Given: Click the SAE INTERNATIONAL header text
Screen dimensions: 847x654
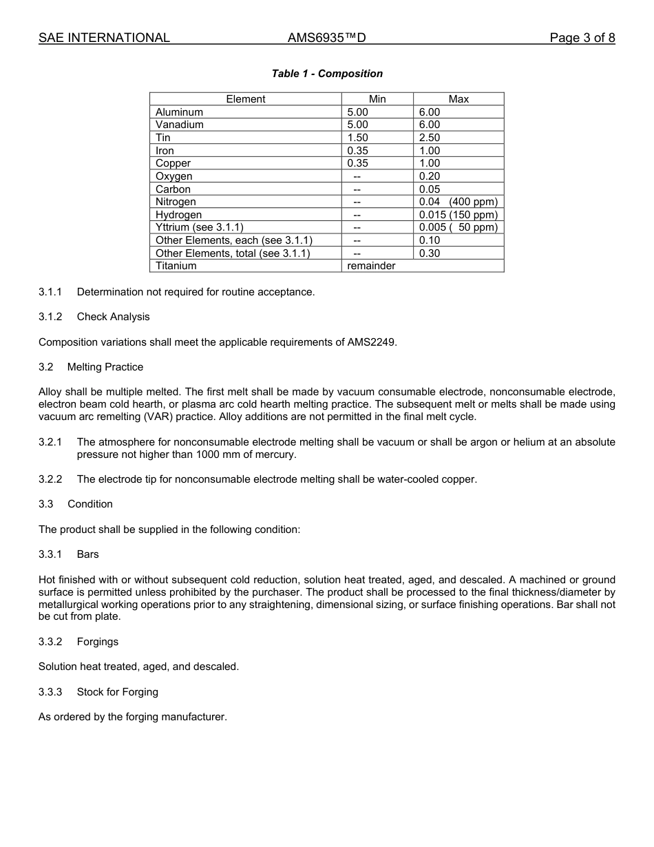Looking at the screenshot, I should tap(104, 38).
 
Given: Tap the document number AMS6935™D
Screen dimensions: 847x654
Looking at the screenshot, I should tap(326, 38).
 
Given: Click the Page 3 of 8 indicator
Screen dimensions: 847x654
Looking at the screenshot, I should tap(582, 38).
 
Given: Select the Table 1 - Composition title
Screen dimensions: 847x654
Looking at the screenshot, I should tap(327, 74).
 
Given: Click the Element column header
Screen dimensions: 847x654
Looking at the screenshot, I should tap(245, 99).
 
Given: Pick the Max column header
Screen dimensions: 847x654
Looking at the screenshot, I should tap(458, 99).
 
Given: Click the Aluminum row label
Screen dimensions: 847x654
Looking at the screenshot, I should tap(179, 112).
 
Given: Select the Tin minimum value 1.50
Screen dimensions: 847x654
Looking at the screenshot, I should tap(357, 138).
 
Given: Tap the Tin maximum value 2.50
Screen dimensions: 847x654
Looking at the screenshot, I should tap(430, 138).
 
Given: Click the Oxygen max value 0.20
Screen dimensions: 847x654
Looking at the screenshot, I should tap(430, 176).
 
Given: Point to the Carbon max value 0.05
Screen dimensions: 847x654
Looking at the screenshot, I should tap(430, 189).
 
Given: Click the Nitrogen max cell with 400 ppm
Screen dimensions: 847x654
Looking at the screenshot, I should tap(458, 202).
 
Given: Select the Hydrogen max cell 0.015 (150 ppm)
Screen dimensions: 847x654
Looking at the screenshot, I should tap(458, 215).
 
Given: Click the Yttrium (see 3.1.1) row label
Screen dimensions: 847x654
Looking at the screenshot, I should tap(200, 227).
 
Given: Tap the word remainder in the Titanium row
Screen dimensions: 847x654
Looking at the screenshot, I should tap(371, 266).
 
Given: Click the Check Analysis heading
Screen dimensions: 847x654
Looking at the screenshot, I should tap(113, 317).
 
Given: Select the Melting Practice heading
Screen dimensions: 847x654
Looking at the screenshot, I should tap(105, 367).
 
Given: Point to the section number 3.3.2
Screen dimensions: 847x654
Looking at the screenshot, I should tap(50, 642).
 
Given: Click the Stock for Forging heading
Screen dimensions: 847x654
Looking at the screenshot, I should tap(117, 692).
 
